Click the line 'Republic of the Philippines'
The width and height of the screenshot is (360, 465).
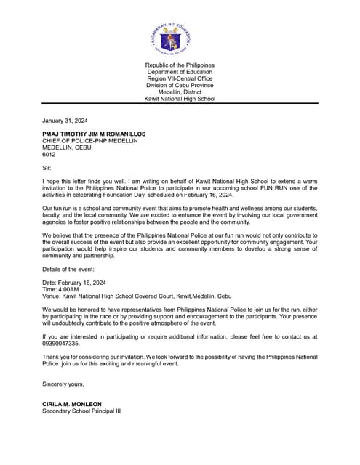180,65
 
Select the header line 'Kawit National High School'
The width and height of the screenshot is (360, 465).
180,99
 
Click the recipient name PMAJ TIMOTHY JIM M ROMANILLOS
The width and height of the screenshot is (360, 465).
94,134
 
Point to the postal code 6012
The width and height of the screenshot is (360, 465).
49,154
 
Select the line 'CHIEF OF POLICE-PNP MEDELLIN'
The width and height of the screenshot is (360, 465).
89,141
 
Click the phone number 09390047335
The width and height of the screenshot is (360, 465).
61,343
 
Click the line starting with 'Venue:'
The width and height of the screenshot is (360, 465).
137,296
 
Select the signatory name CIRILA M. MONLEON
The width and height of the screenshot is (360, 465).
71,404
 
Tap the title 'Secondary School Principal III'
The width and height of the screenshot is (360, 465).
81,411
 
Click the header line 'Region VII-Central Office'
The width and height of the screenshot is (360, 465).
180,78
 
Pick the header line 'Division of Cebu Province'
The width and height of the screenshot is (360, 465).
180,86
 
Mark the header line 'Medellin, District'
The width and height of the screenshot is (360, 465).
180,92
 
